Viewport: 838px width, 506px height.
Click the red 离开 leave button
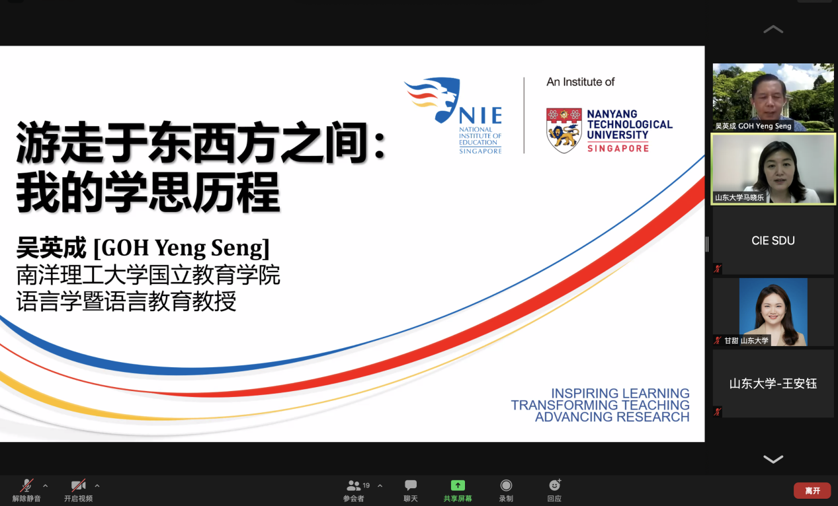tap(812, 490)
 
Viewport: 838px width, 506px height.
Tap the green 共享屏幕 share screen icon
tap(458, 485)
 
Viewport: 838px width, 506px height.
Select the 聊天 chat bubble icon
tap(410, 485)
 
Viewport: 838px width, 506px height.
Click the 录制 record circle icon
tap(506, 485)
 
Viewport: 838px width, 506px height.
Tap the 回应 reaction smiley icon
tap(555, 485)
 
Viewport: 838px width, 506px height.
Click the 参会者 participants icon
tap(354, 486)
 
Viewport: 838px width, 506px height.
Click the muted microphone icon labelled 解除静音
tap(26, 485)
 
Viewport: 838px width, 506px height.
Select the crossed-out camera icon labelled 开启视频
tap(79, 485)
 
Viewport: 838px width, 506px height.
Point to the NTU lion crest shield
tap(564, 130)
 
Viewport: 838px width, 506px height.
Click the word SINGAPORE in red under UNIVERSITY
tap(618, 149)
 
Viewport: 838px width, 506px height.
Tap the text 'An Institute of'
tap(580, 82)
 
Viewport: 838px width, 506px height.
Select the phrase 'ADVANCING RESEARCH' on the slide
tap(612, 417)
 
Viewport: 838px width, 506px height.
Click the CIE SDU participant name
tap(773, 240)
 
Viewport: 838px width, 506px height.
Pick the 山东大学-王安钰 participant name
tap(773, 383)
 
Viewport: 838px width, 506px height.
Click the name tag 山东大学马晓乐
tap(739, 198)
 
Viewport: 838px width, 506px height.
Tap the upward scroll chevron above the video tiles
tap(773, 29)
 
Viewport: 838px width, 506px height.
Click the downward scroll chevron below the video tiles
tap(773, 459)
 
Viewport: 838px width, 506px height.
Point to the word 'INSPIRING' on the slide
tap(583, 393)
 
